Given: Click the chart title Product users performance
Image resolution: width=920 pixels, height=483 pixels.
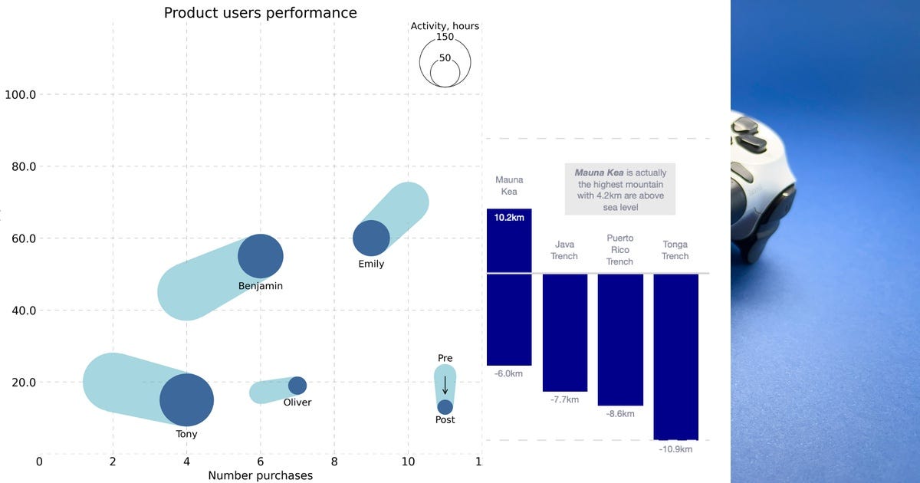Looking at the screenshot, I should tap(260, 13).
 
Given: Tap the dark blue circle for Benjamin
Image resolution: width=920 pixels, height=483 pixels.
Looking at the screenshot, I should tap(261, 256).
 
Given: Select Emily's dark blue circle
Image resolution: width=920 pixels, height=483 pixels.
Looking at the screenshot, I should tap(372, 238).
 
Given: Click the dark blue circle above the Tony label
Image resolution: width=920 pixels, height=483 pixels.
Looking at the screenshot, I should tap(186, 399).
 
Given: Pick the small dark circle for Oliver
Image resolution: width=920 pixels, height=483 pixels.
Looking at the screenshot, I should tap(297, 386).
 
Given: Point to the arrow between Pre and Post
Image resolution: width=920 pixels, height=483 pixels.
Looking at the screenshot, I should tap(445, 385).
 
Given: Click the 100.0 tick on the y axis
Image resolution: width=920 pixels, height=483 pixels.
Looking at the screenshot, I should tap(21, 95).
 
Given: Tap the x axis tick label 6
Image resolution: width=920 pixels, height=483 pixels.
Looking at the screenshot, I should tap(261, 462).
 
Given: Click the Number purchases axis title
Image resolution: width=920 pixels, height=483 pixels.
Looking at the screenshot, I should tap(261, 476).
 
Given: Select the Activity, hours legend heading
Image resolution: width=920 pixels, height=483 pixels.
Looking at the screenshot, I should tap(445, 26).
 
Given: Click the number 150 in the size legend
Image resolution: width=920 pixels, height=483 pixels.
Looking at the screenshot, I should tap(445, 37).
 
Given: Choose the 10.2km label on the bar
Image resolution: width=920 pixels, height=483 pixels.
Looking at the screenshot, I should tap(509, 218).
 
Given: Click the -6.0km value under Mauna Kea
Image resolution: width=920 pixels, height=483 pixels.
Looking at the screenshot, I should tap(509, 373).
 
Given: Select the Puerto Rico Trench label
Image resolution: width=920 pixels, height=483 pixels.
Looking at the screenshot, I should tap(620, 250).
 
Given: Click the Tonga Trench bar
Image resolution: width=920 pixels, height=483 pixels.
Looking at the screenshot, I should tap(675, 356).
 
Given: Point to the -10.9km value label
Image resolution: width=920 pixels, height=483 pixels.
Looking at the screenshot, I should tap(675, 449).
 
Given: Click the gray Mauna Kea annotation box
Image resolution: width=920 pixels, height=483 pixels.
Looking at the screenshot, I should tap(620, 189).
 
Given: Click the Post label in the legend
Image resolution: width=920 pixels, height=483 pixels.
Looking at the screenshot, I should tap(445, 420).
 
